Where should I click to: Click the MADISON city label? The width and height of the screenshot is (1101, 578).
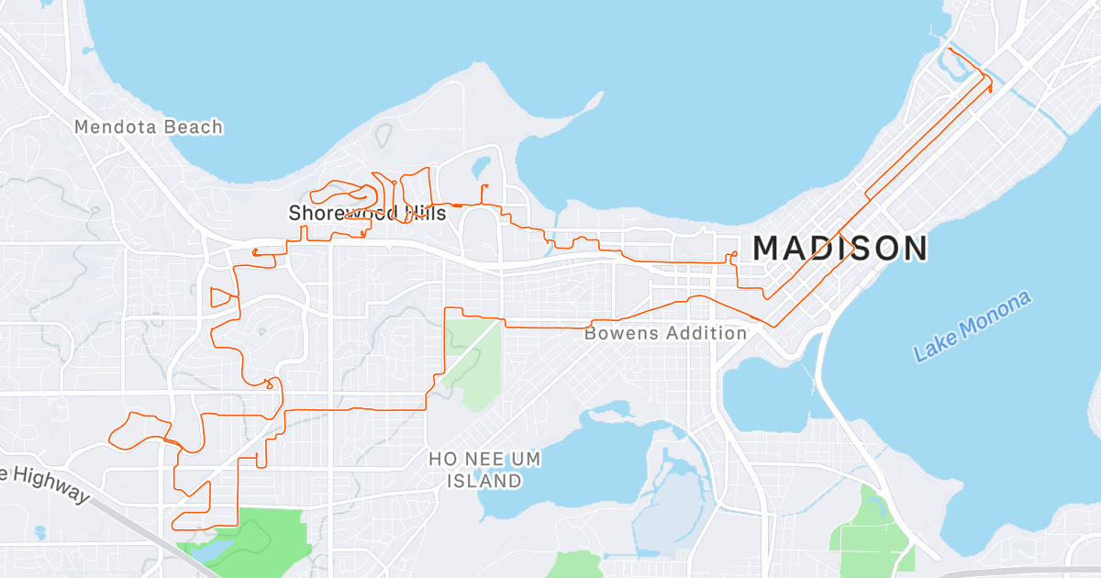tap(840, 249)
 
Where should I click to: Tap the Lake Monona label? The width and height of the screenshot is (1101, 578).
tap(973, 326)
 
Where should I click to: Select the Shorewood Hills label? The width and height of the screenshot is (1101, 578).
tap(367, 214)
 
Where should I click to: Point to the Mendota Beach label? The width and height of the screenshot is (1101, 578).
tap(149, 127)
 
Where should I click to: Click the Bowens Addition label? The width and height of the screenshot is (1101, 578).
tap(665, 333)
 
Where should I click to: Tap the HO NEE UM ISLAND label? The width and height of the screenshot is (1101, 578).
tap(484, 469)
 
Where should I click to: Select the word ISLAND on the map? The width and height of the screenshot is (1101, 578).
tap(484, 481)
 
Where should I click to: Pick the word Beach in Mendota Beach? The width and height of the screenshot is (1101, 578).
tap(194, 127)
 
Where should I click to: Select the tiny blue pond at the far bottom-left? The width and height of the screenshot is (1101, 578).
tap(39, 531)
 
